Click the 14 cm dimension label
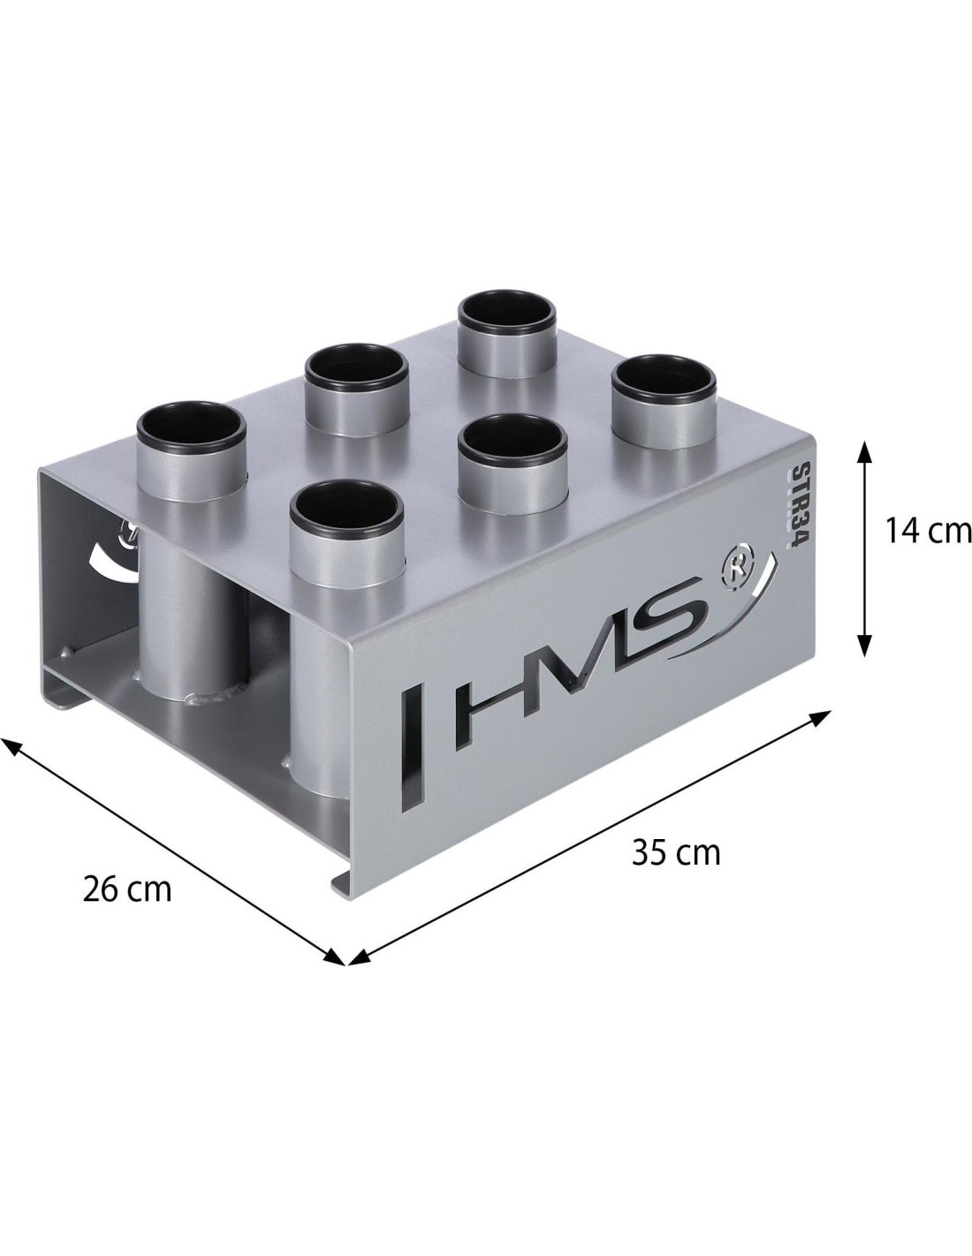point(929,531)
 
